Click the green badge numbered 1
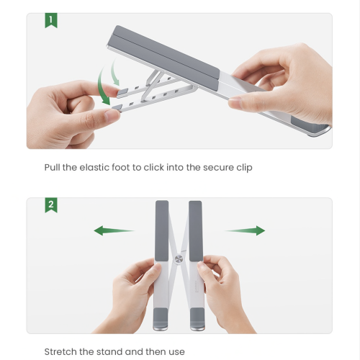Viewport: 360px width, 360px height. [x=51, y=20]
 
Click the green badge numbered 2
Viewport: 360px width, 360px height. [x=51, y=205]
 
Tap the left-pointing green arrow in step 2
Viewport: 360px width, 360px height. [x=114, y=230]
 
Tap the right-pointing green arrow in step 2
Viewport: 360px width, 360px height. [x=245, y=230]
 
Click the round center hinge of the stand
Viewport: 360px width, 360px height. [x=179, y=259]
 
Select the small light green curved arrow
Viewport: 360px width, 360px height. [x=114, y=72]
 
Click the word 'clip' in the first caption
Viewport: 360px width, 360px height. [x=244, y=168]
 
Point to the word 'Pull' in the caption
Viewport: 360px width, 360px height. [x=52, y=167]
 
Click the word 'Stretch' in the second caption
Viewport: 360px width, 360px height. [x=60, y=352]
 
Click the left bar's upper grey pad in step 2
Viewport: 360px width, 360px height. [x=162, y=230]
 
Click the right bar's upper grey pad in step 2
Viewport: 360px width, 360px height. [x=196, y=231]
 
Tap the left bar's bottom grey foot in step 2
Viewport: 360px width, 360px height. [x=161, y=319]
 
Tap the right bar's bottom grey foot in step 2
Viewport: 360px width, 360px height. [x=197, y=319]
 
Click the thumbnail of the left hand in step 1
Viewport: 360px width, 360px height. [x=112, y=116]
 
